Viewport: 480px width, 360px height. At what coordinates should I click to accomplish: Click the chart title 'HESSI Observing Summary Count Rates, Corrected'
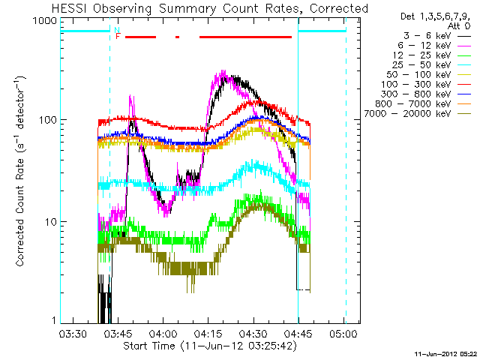coord(211,8)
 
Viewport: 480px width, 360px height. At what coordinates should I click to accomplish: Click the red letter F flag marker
coord(118,36)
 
